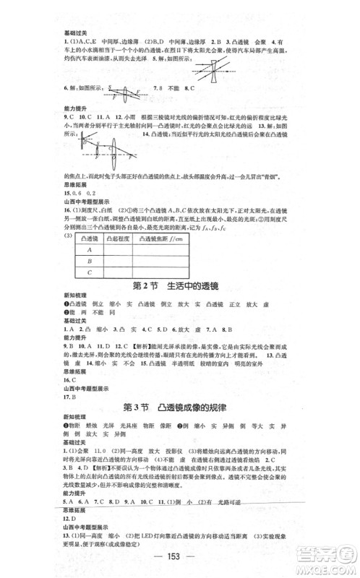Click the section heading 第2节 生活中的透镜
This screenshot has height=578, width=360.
[179, 285]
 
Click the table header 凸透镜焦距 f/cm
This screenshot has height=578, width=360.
[155, 236]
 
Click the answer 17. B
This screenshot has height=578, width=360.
[69, 397]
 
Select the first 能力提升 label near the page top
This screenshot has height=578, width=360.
[74, 106]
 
